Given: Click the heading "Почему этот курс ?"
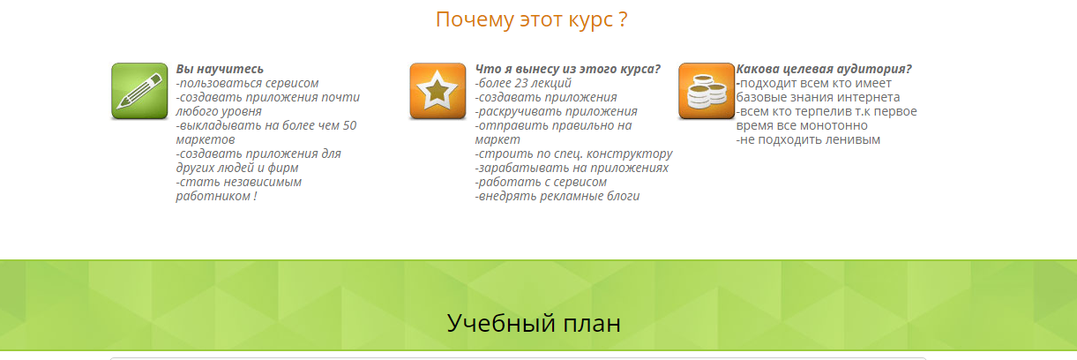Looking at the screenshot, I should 531,19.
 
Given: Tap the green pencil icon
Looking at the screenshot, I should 139,91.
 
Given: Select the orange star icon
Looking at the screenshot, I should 438,91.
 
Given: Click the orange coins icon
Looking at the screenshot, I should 706,91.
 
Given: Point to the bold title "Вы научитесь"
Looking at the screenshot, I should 220,69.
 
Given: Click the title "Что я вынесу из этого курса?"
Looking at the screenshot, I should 568,69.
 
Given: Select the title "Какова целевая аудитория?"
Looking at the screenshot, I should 824,69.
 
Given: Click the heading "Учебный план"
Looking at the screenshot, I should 534,323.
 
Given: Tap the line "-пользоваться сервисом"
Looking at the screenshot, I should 248,83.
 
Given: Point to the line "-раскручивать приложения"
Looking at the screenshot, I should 556,111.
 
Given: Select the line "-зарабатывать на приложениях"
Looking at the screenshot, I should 572,168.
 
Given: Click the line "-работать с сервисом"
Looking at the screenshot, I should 541,182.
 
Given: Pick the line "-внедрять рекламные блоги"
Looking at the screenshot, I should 557,196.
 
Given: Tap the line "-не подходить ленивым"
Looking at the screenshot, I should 808,139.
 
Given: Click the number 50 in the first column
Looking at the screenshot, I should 348,125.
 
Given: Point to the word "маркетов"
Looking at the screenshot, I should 206,139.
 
